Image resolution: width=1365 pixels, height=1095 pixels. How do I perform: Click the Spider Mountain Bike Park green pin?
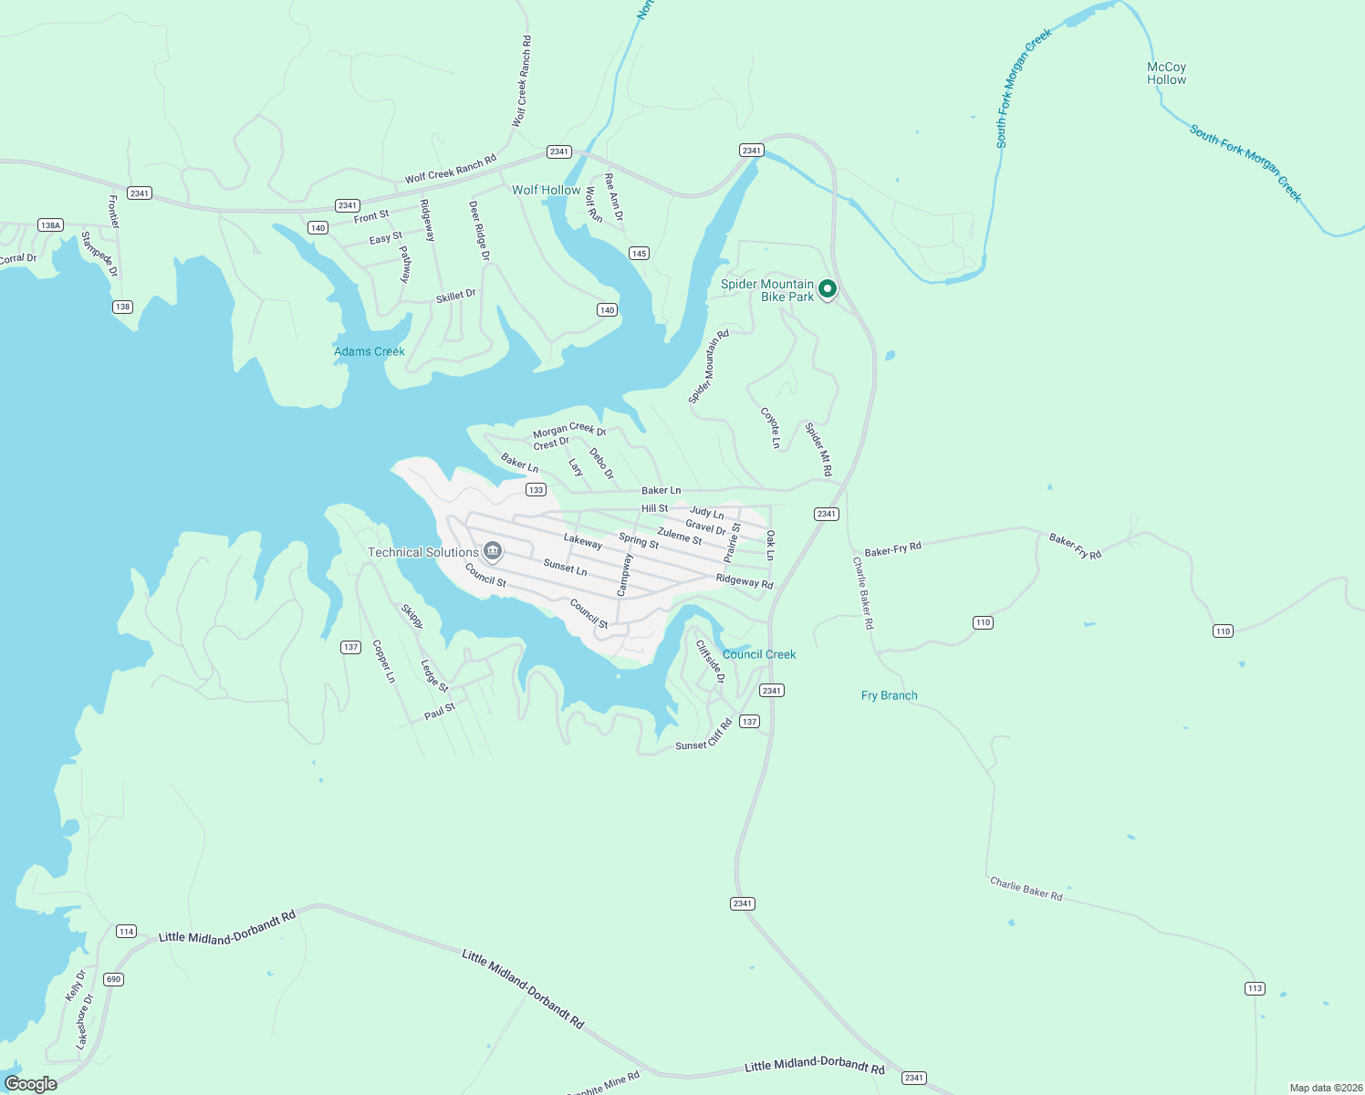[828, 289]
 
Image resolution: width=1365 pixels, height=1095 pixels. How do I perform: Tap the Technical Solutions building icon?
[493, 551]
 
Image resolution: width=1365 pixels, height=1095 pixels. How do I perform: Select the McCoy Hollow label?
[1166, 73]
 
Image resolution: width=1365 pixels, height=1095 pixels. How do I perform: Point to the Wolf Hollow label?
[546, 190]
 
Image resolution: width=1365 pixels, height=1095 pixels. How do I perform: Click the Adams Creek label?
[369, 351]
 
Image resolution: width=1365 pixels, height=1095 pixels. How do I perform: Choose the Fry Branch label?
[889, 695]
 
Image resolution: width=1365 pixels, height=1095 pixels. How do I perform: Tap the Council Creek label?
[759, 654]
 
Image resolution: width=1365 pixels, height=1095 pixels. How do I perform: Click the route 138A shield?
[50, 224]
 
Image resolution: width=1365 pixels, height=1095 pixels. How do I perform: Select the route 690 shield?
[113, 979]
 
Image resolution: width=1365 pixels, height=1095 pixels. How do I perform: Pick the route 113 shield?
[1255, 988]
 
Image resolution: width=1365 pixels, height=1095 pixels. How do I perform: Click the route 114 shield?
[126, 932]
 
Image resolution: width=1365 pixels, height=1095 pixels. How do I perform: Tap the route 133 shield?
[536, 490]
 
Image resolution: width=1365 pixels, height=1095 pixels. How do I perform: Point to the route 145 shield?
[639, 254]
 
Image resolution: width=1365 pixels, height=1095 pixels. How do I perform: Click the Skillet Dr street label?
[455, 296]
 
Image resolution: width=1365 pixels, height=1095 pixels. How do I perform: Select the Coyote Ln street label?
[771, 427]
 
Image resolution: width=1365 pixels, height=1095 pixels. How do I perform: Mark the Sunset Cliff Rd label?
[703, 735]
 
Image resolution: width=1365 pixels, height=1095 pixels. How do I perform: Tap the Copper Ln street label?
[383, 662]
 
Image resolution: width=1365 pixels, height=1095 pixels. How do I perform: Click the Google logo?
[31, 1084]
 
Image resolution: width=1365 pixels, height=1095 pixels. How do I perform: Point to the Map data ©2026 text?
[1325, 1088]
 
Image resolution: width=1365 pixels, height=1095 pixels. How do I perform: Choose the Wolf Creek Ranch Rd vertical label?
[521, 81]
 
